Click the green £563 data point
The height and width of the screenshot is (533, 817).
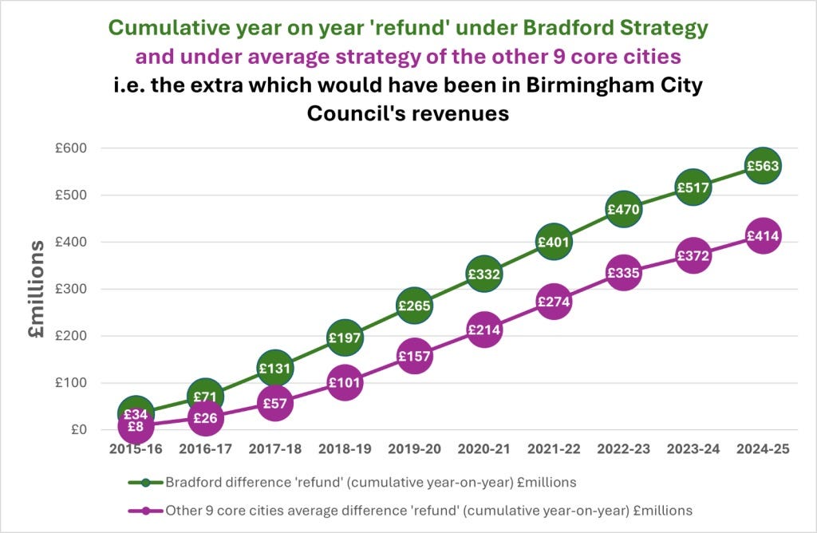pos(763,166)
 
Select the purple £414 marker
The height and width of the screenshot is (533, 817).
pos(763,236)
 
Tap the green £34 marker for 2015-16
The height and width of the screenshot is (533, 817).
pos(136,413)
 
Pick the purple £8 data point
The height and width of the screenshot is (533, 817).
pos(136,427)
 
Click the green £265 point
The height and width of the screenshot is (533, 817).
pos(414,306)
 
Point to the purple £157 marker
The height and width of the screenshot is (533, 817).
pos(414,357)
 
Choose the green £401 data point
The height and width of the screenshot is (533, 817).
pos(553,242)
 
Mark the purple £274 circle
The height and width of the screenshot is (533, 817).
pos(553,302)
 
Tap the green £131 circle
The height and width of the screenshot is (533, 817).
pos(274,368)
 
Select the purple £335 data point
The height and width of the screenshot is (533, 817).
pos(623,274)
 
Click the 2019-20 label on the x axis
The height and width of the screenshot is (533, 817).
pos(414,449)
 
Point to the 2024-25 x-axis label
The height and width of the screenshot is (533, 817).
pos(763,449)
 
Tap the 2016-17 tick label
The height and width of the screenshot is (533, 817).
pos(205,449)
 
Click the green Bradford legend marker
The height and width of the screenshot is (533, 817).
pos(145,482)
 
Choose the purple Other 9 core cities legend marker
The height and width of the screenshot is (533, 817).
pos(145,509)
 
